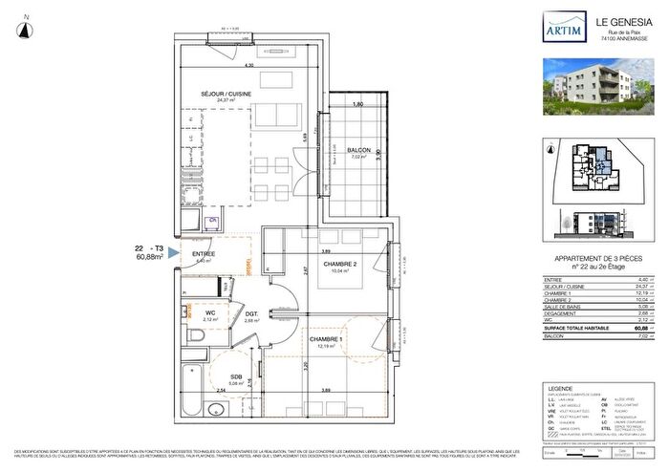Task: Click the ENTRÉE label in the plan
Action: coord(203,254)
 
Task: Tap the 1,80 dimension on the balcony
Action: coord(357,103)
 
